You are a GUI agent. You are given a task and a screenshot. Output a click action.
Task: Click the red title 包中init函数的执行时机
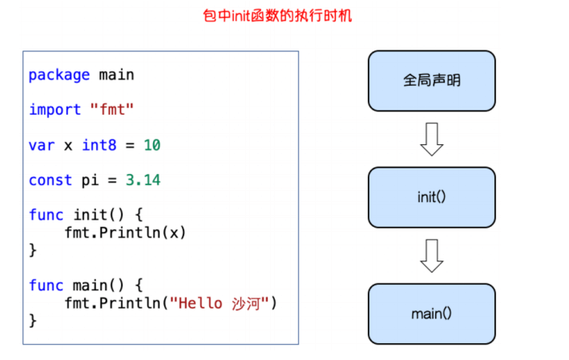click(285, 16)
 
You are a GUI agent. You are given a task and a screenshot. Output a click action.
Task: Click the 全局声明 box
click(431, 81)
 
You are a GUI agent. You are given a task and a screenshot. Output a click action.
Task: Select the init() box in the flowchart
click(431, 197)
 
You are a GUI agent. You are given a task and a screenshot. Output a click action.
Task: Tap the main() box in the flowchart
click(431, 313)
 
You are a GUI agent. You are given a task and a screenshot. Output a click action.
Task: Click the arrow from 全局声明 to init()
click(431, 139)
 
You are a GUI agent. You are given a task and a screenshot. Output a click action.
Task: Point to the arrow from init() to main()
click(431, 256)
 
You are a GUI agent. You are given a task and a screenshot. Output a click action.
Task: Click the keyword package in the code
click(59, 75)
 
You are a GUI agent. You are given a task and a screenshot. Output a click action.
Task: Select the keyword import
click(54, 110)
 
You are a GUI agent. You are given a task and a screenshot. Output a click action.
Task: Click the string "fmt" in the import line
click(112, 110)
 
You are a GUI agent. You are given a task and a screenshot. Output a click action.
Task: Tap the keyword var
click(42, 145)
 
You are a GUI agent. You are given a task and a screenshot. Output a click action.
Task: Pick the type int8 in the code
click(99, 145)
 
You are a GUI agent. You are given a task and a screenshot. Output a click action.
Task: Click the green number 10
click(152, 145)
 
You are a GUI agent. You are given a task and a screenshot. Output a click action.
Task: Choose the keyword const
click(50, 180)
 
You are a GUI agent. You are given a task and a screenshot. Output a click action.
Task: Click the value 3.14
click(143, 180)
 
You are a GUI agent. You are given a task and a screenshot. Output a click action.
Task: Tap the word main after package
click(117, 75)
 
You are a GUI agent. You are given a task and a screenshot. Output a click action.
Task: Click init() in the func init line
click(95, 215)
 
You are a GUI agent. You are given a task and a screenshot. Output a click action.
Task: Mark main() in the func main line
click(95, 285)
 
